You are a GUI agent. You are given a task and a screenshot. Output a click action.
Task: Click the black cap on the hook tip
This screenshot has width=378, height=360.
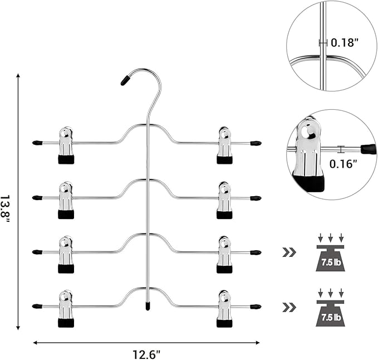[125, 80]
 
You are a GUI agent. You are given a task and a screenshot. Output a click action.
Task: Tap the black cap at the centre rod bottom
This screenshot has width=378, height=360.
[148, 305]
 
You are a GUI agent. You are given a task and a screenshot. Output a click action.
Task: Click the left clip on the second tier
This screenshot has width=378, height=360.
[66, 200]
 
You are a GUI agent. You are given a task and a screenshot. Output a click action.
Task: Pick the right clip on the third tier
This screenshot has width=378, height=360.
[224, 254]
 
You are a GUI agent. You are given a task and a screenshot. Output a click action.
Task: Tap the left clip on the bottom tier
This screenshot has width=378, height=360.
[66, 308]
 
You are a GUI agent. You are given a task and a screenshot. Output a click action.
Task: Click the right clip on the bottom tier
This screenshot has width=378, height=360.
[224, 308]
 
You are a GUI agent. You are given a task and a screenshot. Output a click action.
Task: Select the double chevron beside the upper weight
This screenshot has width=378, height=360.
[289, 253]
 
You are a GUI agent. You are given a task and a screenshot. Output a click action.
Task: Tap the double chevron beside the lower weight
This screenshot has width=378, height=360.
[289, 307]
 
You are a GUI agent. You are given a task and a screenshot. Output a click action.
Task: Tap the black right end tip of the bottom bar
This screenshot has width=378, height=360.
[256, 307]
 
